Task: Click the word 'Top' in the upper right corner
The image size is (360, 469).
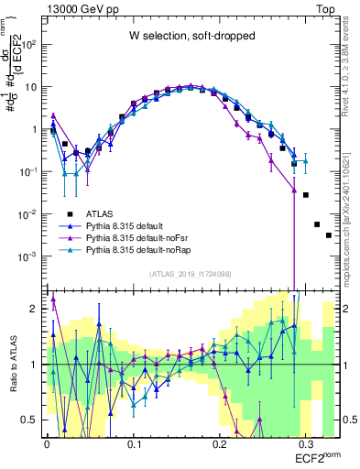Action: [326, 7]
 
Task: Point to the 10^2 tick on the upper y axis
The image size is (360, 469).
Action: [29, 44]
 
